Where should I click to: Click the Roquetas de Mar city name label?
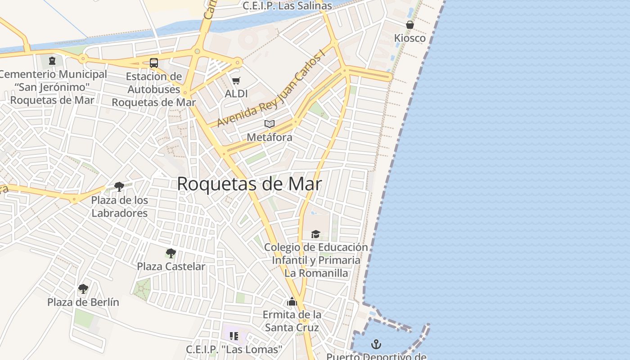[x=249, y=184]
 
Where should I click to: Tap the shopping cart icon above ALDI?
[x=236, y=81]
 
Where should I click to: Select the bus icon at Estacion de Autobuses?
[x=154, y=63]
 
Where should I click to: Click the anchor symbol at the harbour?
[x=376, y=345]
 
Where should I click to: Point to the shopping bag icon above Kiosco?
[x=410, y=25]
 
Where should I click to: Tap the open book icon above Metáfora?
[x=270, y=124]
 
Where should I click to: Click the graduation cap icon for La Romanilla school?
[x=316, y=234]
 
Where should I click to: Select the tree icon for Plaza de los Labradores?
[x=119, y=186]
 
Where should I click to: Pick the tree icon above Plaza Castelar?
[x=171, y=253]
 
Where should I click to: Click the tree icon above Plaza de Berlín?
[x=83, y=288]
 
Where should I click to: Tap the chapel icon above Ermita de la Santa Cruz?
[x=292, y=301]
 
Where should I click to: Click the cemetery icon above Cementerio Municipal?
[x=52, y=61]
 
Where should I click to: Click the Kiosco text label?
[x=410, y=38]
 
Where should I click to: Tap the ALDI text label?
[x=236, y=94]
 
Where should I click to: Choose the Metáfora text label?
[x=270, y=137]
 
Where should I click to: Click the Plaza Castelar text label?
[x=171, y=266]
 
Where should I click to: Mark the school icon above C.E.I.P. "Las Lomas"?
[x=234, y=336]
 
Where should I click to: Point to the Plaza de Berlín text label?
[x=83, y=302]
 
